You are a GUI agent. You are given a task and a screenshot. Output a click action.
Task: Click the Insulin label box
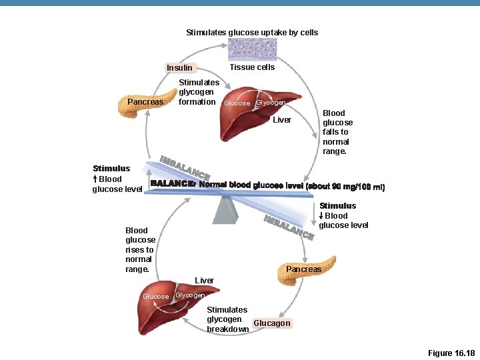click(x=179, y=67)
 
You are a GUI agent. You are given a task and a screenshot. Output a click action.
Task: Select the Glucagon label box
click(x=271, y=323)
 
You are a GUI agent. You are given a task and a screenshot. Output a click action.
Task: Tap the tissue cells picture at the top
click(x=251, y=49)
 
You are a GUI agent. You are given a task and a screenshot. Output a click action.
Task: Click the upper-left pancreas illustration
click(x=141, y=107)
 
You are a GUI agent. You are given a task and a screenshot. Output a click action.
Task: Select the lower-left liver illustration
click(x=170, y=313)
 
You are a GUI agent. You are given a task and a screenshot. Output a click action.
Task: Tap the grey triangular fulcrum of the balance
click(x=225, y=210)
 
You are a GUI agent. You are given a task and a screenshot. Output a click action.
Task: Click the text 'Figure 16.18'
click(x=450, y=353)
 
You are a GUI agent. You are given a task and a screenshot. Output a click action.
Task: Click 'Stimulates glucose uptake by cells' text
click(x=252, y=32)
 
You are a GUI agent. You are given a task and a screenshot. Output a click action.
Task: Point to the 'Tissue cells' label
click(x=252, y=67)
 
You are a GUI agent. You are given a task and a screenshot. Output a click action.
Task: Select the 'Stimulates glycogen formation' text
click(x=198, y=92)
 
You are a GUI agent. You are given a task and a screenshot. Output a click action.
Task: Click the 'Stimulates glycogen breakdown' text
click(x=227, y=319)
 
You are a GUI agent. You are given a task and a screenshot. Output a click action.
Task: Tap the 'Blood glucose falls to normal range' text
click(x=337, y=132)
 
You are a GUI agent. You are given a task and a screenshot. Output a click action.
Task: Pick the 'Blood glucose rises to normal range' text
click(x=140, y=249)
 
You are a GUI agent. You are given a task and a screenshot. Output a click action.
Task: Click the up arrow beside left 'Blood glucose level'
click(x=95, y=179)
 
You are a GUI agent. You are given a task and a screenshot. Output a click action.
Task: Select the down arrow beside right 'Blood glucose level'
click(x=321, y=216)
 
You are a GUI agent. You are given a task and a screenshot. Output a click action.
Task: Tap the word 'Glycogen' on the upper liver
click(x=271, y=103)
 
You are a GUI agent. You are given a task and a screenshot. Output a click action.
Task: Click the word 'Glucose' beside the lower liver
click(x=156, y=296)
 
